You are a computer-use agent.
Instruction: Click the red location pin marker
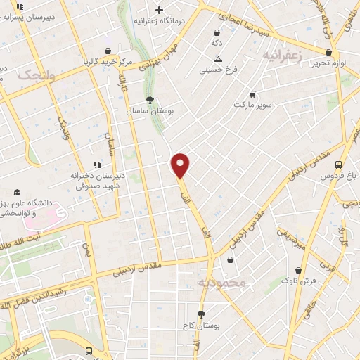pos(181,165)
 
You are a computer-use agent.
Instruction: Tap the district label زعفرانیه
pos(283,54)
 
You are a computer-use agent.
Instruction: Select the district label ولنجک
pos(33,76)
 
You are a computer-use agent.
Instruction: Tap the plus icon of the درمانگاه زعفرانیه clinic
pos(160,10)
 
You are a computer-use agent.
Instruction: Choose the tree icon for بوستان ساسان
pos(149,99)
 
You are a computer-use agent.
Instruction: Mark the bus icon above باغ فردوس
pos(339,160)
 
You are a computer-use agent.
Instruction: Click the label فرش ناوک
pos(299,280)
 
